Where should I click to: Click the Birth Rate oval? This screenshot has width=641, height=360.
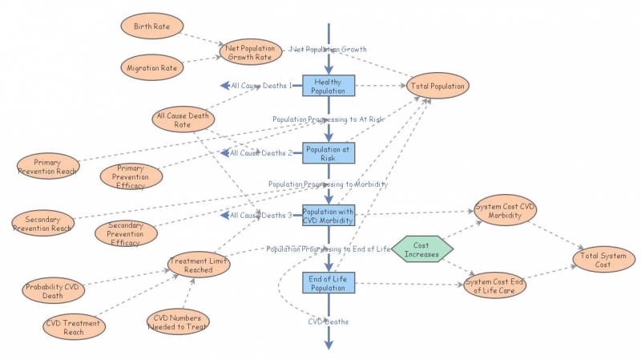coord(152,26)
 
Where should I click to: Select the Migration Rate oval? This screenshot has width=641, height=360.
coord(152,67)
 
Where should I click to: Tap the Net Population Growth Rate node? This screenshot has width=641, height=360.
coord(251,52)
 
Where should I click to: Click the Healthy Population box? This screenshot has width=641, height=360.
coord(329,86)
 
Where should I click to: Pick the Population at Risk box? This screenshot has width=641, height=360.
coord(329,153)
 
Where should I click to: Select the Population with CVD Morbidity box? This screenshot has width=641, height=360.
coord(329,216)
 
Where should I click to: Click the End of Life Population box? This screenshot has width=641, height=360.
coord(329,283)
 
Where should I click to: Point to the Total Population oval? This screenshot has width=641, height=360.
coord(437,86)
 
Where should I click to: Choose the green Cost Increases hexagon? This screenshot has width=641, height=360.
coord(422,249)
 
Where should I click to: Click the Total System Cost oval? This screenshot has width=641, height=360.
coord(604,259)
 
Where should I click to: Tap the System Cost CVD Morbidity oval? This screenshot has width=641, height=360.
coord(506,210)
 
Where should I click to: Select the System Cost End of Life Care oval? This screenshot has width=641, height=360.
coord(494,285)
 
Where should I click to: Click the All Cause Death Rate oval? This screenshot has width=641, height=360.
coord(183,119)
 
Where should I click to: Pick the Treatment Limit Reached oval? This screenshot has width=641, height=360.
coord(199,265)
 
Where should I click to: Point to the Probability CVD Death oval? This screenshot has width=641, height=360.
coord(53,290)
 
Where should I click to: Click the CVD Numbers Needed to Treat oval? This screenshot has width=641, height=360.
coord(178,322)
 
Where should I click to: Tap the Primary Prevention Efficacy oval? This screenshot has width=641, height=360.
coord(131,176)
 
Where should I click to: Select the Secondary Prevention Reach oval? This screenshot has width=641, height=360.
coord(43,223)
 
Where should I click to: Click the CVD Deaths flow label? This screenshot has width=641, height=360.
coord(329,322)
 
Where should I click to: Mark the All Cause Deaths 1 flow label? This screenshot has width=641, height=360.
coord(262,86)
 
